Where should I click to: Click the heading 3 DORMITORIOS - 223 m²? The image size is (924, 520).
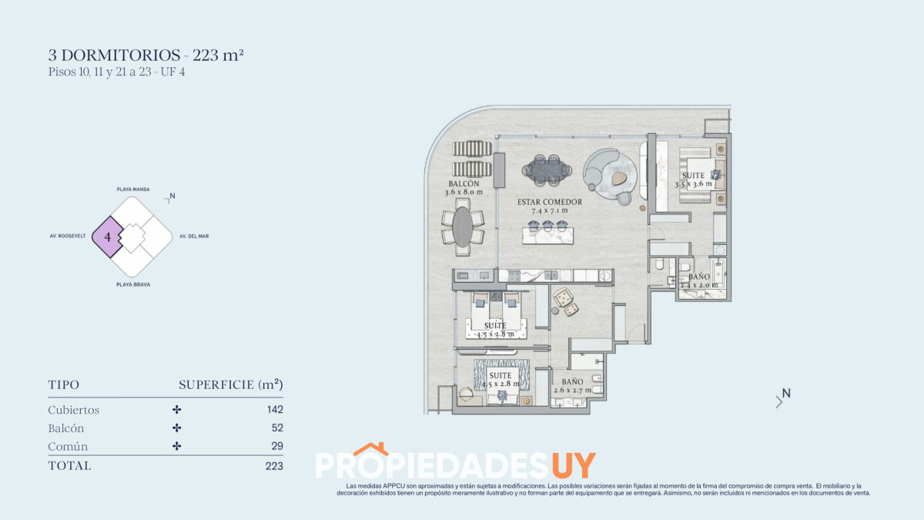[x=146, y=55]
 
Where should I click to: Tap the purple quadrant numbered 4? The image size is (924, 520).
[x=108, y=237]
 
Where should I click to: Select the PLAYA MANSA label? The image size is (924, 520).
[x=132, y=189]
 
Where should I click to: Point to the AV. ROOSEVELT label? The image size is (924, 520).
[x=68, y=237]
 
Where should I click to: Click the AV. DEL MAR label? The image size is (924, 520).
[x=194, y=237]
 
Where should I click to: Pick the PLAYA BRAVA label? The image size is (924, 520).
[x=132, y=284]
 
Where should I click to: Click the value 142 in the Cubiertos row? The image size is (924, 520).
[x=274, y=410]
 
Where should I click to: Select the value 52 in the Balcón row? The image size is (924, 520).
[x=277, y=428]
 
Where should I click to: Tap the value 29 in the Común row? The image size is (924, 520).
[x=277, y=447]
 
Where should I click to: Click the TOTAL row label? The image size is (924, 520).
[x=69, y=466]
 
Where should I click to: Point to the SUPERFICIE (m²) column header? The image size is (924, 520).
[x=230, y=384]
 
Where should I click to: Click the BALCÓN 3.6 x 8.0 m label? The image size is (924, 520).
[x=464, y=188]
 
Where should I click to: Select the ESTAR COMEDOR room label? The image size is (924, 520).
[x=549, y=206]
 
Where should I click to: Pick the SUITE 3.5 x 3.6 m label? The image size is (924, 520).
[x=694, y=179]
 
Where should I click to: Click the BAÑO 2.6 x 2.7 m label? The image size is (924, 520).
[x=572, y=385]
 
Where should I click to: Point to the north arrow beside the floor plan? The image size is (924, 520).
[x=782, y=397]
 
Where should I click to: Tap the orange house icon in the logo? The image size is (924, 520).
[x=370, y=449]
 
